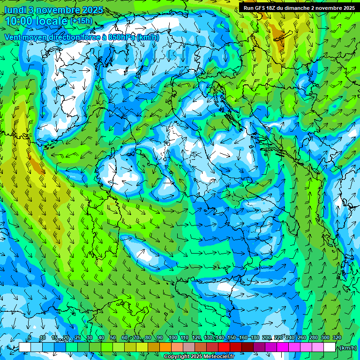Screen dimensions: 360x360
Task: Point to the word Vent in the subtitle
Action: pos(13,37)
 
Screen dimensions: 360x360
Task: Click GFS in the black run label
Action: pos(262,7)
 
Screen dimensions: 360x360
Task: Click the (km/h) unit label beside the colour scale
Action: pos(347,347)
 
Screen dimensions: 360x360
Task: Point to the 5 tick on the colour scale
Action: pos(30,338)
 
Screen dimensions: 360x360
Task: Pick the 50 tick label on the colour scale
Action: pos(113,338)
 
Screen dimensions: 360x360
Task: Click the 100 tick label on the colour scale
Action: pos(172,338)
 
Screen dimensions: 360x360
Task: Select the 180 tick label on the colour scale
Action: pos(255,338)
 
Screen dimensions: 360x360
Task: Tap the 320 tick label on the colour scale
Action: pos(337,338)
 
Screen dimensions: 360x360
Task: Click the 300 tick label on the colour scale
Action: pos(325,338)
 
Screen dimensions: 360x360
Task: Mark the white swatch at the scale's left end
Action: pos(25,347)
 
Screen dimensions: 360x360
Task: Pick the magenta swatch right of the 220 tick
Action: pos(284,347)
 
